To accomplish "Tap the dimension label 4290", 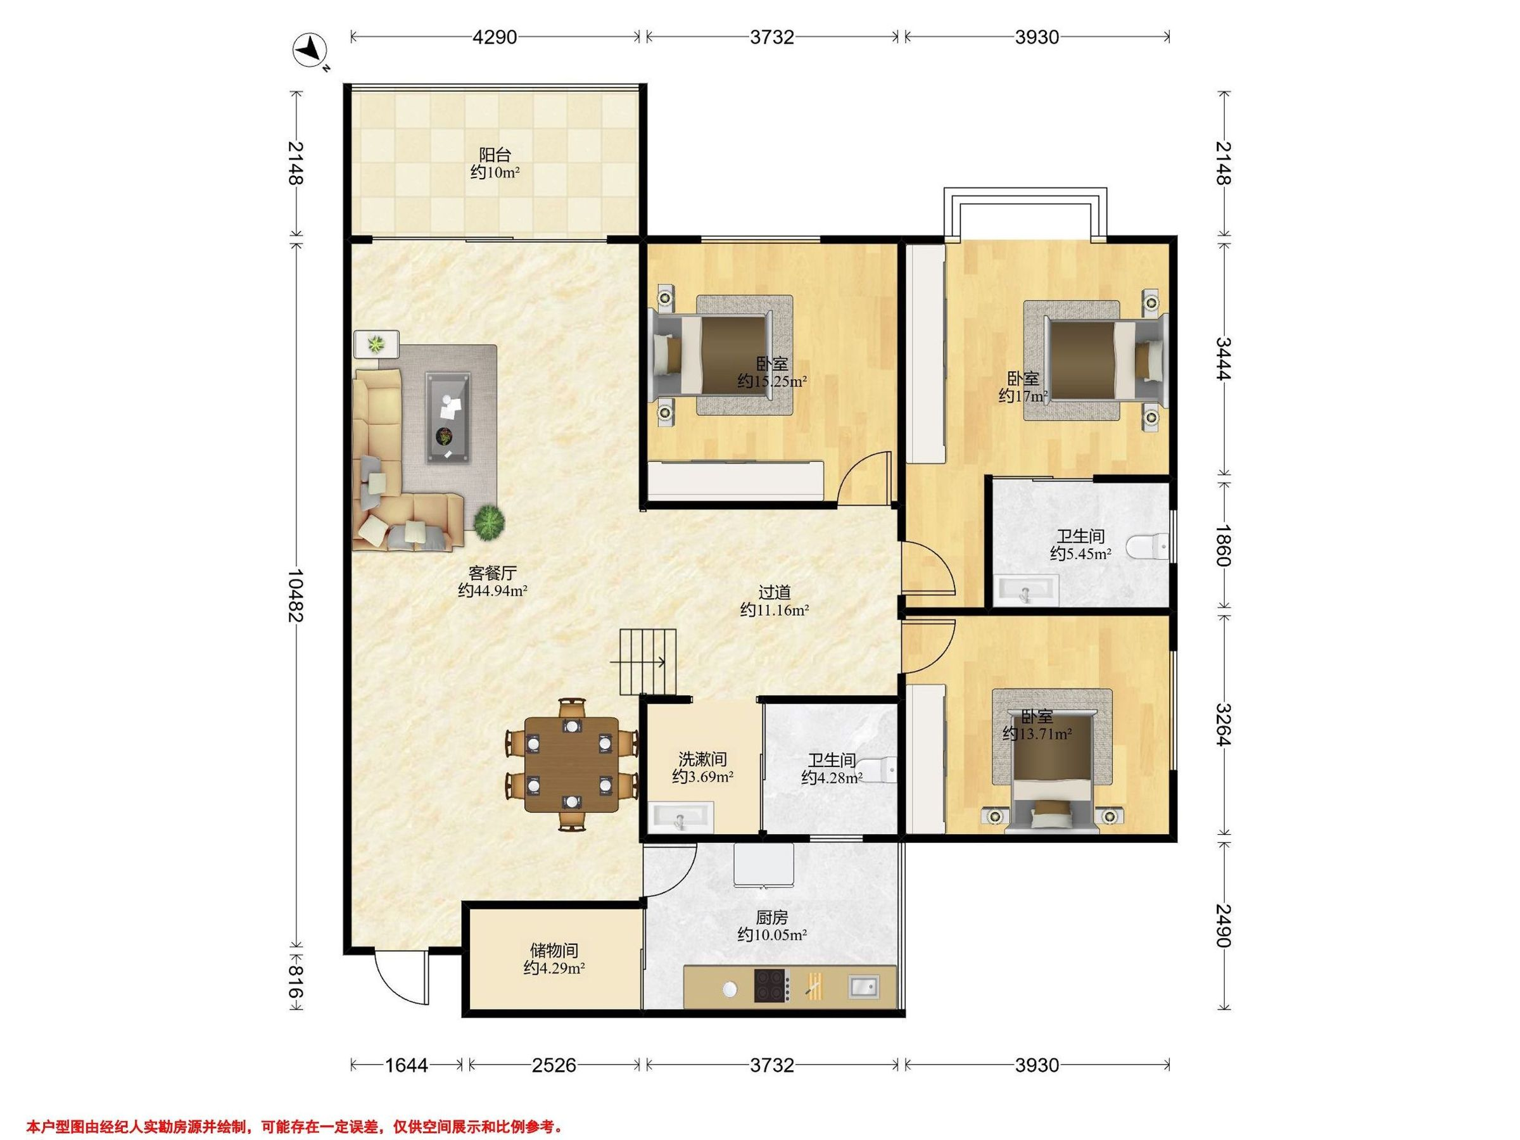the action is click(x=494, y=37).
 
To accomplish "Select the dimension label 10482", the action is click(x=296, y=595).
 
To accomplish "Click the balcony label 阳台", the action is click(x=495, y=155).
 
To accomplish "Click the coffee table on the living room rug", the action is click(x=448, y=418).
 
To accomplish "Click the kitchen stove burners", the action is click(x=771, y=985).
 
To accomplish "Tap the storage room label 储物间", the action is click(x=554, y=951).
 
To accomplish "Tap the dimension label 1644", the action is click(x=406, y=1066).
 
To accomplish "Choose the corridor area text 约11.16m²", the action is click(x=775, y=609).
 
